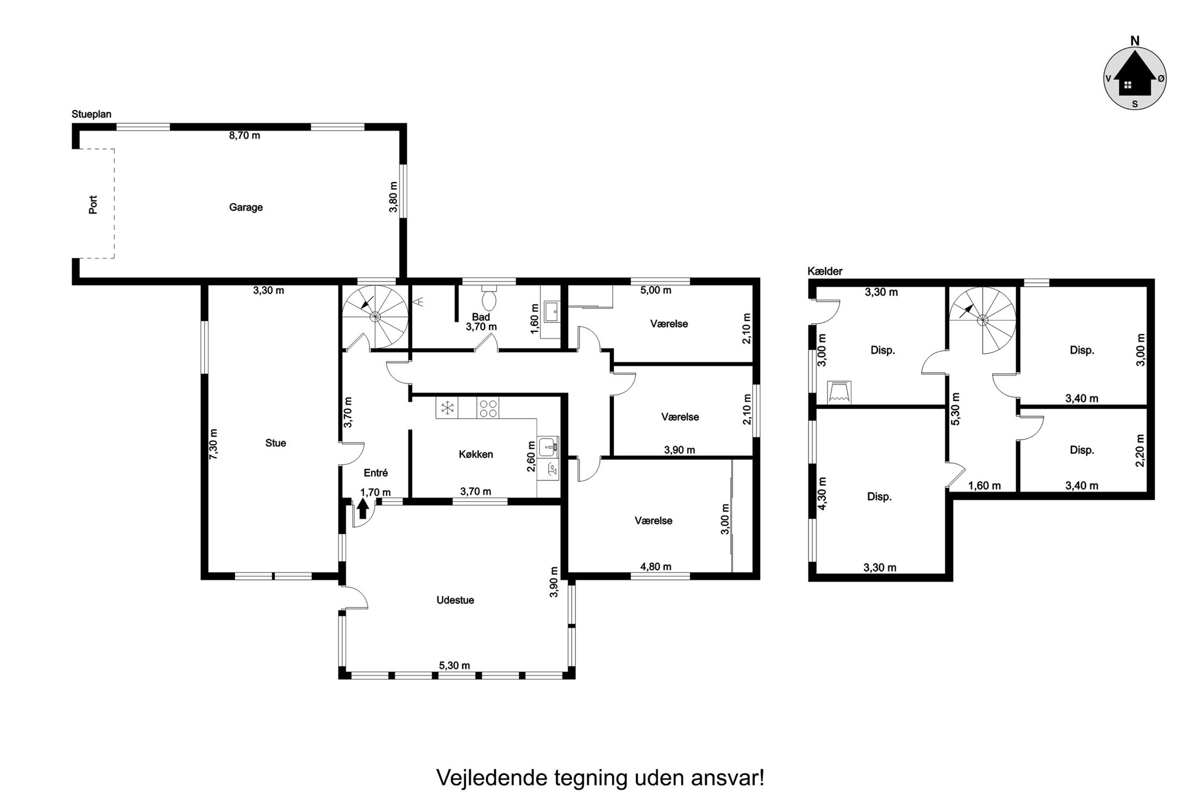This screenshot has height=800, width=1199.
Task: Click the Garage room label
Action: (x=245, y=207)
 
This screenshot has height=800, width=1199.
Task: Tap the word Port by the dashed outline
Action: (x=93, y=204)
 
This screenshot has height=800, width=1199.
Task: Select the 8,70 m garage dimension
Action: (x=244, y=135)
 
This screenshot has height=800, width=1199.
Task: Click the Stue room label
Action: (x=276, y=443)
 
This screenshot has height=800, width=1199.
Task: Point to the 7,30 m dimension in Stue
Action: (x=213, y=444)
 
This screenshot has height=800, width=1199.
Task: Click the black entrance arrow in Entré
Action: (x=363, y=508)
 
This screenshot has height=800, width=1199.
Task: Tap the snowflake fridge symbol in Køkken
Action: (x=447, y=408)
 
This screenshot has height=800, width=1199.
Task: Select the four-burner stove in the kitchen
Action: (x=489, y=408)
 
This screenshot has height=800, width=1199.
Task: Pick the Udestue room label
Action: (x=455, y=600)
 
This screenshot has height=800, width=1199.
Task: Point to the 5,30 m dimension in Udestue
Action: (x=454, y=666)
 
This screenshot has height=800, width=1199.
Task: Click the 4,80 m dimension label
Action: (x=656, y=567)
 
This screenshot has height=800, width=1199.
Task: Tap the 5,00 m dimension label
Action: (x=656, y=290)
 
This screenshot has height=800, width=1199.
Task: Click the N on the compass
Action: (x=1135, y=41)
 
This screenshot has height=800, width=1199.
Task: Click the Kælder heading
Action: (x=825, y=272)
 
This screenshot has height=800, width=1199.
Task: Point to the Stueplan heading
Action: (x=91, y=114)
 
